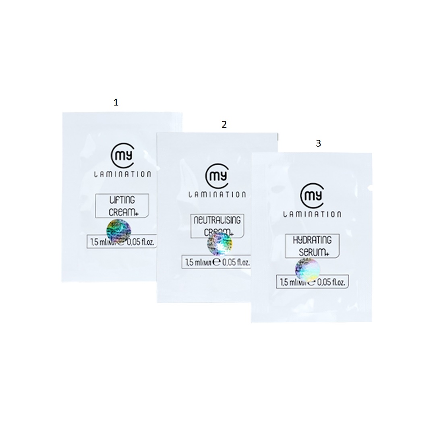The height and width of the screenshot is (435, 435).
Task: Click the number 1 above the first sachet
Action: pyautogui.click(x=116, y=103)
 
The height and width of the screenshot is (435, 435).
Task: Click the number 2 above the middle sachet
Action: pyautogui.click(x=224, y=124)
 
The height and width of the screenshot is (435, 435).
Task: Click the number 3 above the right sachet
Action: pyautogui.click(x=318, y=143)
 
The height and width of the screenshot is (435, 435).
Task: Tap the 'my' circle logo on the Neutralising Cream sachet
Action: pyautogui.click(x=216, y=175)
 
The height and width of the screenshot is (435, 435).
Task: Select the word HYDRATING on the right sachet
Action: pyautogui.click(x=313, y=240)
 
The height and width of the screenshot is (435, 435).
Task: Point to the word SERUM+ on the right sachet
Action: pyautogui.click(x=313, y=251)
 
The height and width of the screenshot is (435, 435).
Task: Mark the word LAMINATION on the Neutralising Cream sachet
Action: pyautogui.click(x=217, y=195)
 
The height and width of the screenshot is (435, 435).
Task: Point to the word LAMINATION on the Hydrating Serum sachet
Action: pyautogui.click(x=312, y=214)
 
